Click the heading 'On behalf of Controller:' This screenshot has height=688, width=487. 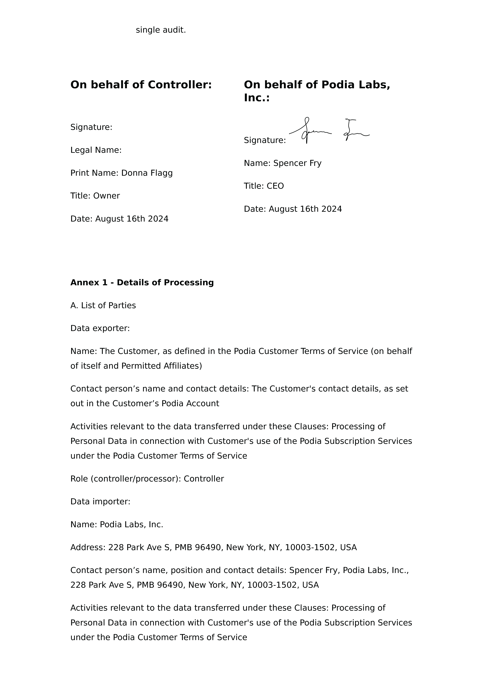point(141,85)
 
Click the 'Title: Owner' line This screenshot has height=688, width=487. point(95,196)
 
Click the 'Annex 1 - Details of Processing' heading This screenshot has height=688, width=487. point(142,283)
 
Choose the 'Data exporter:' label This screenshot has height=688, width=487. point(100,328)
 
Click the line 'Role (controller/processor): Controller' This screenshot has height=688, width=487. point(147,479)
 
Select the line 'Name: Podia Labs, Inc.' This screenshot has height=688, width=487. point(117,525)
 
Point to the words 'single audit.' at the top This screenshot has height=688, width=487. point(161,30)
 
